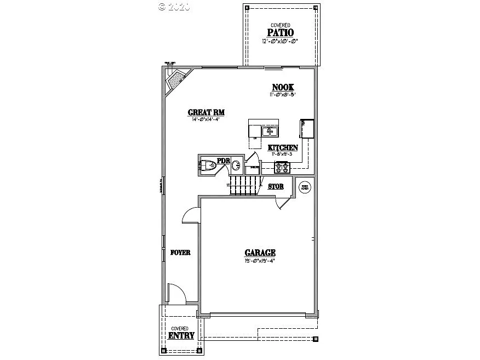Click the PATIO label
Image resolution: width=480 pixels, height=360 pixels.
click(x=280, y=32)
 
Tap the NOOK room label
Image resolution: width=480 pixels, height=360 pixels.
click(x=283, y=88)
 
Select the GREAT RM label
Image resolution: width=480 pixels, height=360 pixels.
click(x=207, y=112)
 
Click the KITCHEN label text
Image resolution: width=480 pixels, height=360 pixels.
click(x=283, y=147)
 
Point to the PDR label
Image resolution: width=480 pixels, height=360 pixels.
click(x=223, y=161)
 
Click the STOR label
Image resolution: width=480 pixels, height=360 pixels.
click(x=276, y=186)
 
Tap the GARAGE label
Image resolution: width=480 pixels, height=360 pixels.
click(x=260, y=253)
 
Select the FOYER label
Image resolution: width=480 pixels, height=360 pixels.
click(x=180, y=253)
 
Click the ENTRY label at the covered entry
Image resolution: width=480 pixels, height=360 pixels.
click(x=181, y=335)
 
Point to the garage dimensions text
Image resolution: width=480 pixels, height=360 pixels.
click(x=260, y=261)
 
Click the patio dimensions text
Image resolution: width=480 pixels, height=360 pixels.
click(x=280, y=41)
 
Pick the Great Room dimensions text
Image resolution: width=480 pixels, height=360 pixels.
click(x=206, y=120)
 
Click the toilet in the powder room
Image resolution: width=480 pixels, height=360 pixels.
click(x=209, y=165)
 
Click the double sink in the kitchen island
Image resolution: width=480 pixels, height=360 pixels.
click(x=270, y=132)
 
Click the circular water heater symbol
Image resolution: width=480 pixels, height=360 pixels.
click(x=305, y=187)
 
